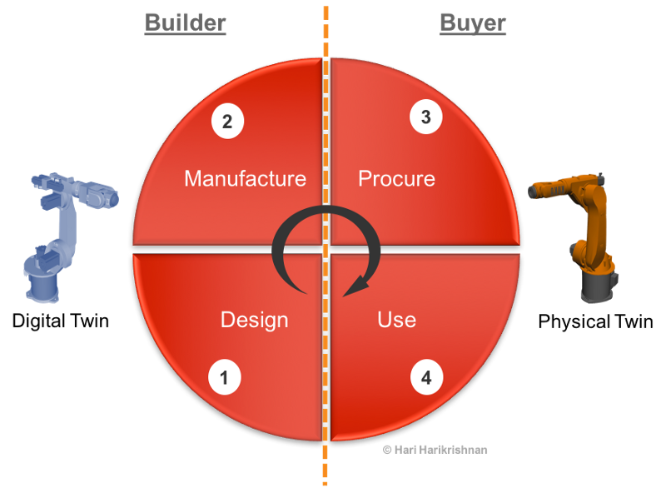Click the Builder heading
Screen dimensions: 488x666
click(x=185, y=22)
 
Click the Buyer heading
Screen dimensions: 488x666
click(x=472, y=22)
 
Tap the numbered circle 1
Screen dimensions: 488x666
click(x=224, y=378)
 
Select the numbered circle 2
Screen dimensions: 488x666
click(x=227, y=122)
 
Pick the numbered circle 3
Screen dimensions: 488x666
click(x=426, y=117)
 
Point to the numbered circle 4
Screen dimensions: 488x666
click(x=426, y=378)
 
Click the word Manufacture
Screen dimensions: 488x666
click(x=245, y=178)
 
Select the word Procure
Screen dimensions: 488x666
click(x=396, y=178)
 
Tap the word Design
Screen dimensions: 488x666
click(x=254, y=320)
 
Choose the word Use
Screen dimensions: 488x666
click(x=396, y=320)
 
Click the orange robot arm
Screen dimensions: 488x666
click(x=583, y=233)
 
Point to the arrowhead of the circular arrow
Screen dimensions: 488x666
click(x=355, y=287)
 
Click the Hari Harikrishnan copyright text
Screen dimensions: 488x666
click(x=435, y=449)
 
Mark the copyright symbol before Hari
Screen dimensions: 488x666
click(x=386, y=449)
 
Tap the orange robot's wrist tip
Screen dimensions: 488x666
click(x=533, y=192)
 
